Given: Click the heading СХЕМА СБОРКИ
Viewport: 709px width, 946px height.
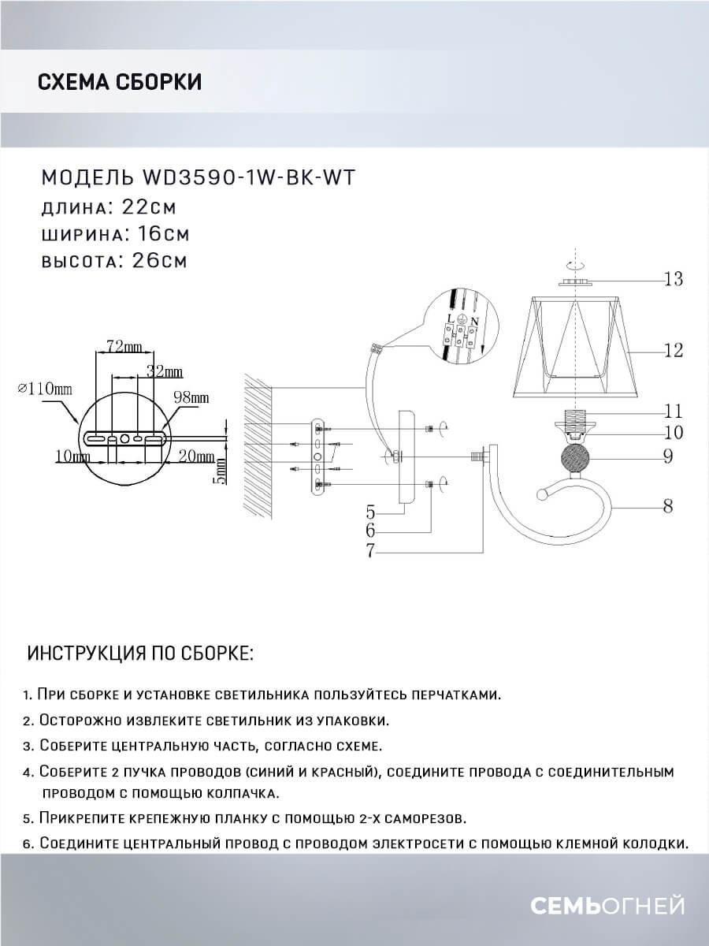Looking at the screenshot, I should coord(119,82).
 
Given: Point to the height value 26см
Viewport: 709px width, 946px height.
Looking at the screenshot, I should coord(155,261).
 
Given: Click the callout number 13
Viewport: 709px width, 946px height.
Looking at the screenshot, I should coord(673,279).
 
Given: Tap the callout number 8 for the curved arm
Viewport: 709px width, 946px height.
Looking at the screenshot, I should coord(667,507).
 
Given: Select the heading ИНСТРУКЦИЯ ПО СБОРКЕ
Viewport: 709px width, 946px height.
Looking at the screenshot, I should coord(140,654).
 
